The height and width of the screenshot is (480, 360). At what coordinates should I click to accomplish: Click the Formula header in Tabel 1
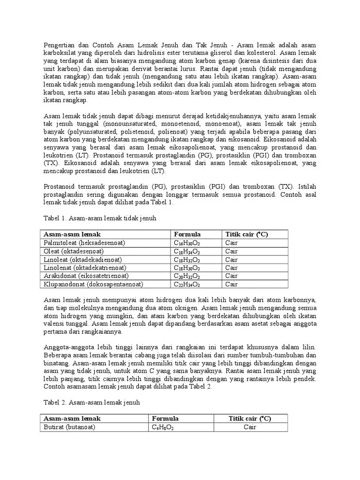pos(187,234)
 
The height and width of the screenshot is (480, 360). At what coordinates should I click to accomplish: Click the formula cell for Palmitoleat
pos(187,243)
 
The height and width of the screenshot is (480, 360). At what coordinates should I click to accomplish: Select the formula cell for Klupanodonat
pos(187,284)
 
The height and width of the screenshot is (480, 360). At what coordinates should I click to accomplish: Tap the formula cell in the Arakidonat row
pos(187,276)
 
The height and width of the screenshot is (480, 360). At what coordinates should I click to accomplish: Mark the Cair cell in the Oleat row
pos(232,251)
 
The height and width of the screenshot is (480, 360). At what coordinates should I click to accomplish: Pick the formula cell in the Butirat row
pos(162,427)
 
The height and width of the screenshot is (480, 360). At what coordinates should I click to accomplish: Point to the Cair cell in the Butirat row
pos(251,427)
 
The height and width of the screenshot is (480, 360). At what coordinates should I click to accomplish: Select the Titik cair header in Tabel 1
pos(247,234)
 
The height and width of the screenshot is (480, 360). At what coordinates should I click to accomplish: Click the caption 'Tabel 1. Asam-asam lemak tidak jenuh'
pos(100,218)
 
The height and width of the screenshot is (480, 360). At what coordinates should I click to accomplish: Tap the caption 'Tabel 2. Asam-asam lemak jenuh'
pos(92,402)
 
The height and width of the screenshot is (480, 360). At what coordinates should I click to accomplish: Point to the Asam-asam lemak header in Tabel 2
pos(72,418)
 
